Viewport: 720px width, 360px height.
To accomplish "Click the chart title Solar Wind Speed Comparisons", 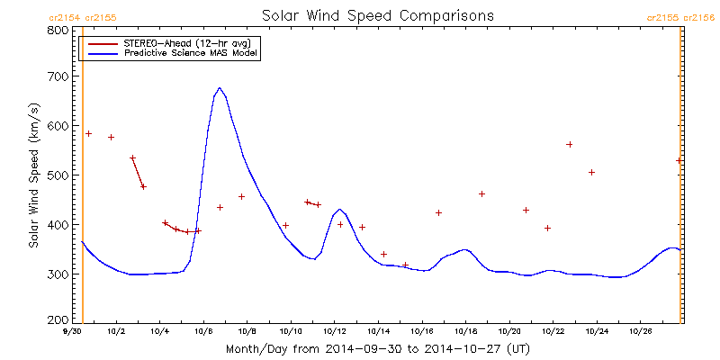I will tap(377, 16).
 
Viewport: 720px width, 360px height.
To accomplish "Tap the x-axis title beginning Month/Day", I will tap(377, 347).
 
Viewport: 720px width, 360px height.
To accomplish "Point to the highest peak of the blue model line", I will tap(219, 88).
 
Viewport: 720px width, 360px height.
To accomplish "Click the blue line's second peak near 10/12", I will tap(339, 209).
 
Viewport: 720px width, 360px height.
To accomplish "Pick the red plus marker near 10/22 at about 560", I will tap(570, 144).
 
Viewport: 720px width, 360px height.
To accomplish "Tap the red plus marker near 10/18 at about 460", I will tap(481, 193).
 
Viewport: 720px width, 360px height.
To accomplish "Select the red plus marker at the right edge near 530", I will tap(679, 160).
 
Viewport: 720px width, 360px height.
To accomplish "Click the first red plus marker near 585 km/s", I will tap(88, 133).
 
